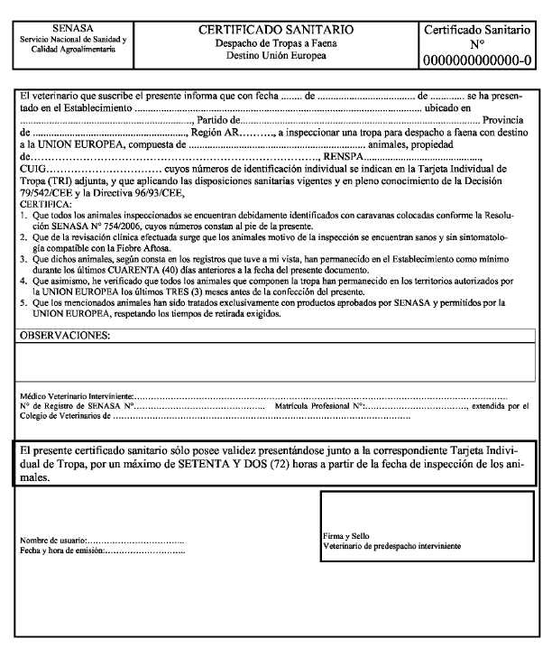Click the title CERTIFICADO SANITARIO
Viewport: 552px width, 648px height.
point(275,30)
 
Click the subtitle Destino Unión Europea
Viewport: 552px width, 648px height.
point(275,56)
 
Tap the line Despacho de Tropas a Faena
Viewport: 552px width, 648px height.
point(275,43)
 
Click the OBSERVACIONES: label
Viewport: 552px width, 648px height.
point(64,335)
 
